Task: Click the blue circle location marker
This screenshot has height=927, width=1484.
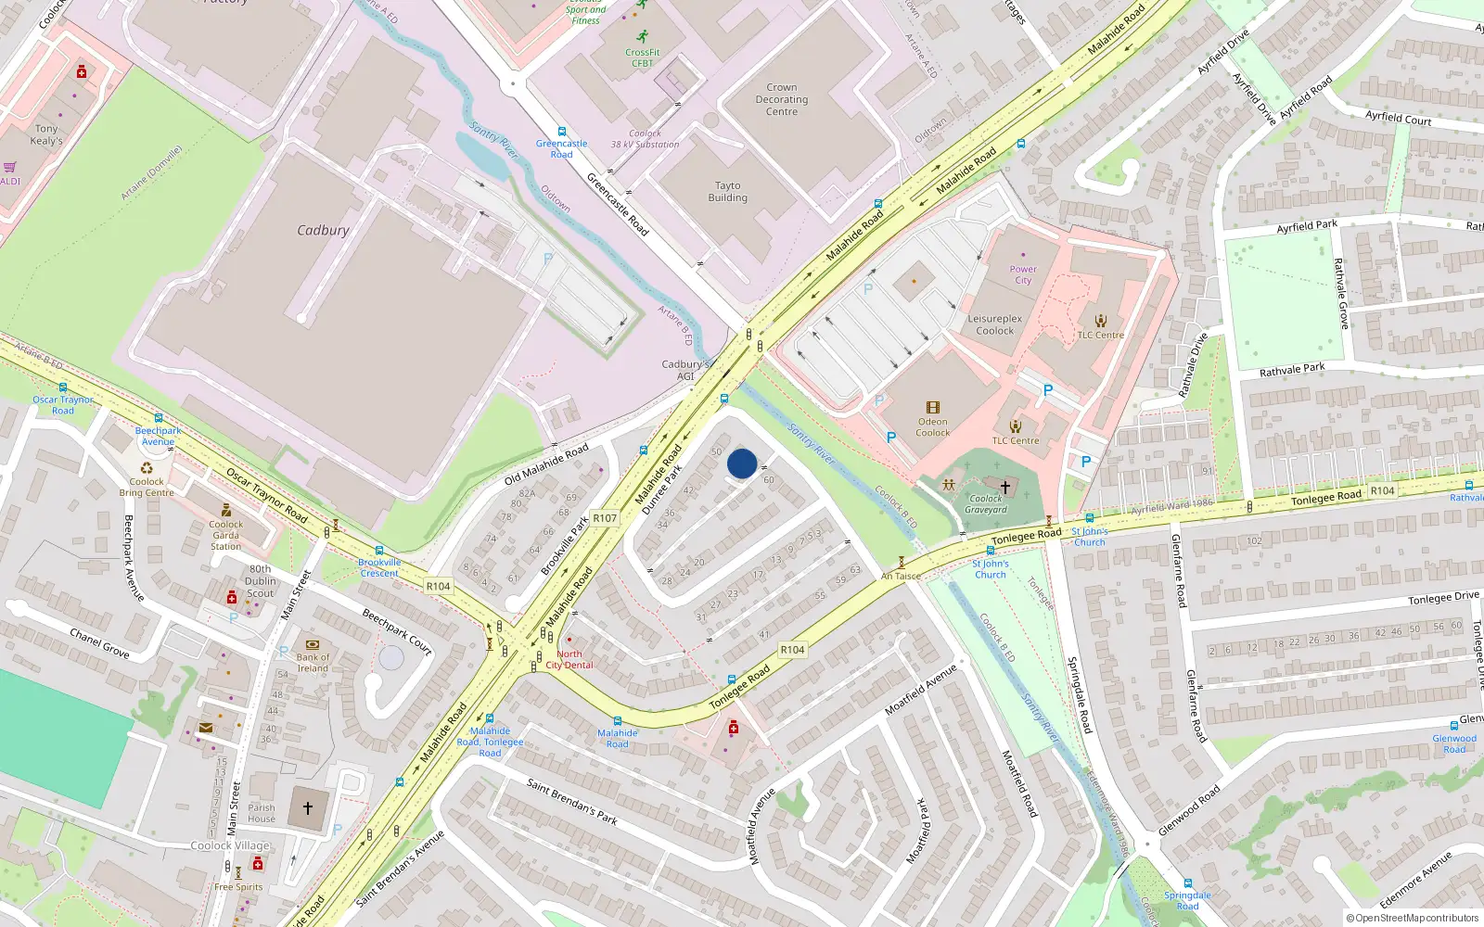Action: click(742, 463)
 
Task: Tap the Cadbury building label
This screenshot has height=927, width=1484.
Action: click(323, 230)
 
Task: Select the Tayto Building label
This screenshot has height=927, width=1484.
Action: click(728, 191)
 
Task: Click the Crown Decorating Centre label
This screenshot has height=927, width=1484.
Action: click(782, 99)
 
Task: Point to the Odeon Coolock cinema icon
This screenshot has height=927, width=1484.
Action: click(933, 407)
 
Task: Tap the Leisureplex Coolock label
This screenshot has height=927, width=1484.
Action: click(995, 324)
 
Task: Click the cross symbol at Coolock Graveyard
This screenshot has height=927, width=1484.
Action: click(1004, 486)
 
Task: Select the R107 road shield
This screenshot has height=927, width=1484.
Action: click(605, 518)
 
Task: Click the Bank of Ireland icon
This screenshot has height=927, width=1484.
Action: click(313, 644)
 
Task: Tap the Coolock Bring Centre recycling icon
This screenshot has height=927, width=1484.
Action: click(147, 468)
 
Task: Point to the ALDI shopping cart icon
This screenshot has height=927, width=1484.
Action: click(9, 168)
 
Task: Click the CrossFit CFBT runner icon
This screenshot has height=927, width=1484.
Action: click(642, 38)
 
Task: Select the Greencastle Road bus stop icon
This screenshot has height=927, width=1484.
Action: click(561, 132)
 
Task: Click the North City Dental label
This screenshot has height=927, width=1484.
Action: click(569, 659)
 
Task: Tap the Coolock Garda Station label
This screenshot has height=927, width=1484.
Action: click(225, 535)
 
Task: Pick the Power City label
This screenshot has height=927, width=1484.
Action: click(1023, 274)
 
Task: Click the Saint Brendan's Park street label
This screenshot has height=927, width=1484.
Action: click(571, 801)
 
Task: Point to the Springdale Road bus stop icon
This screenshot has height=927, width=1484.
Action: click(1187, 883)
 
